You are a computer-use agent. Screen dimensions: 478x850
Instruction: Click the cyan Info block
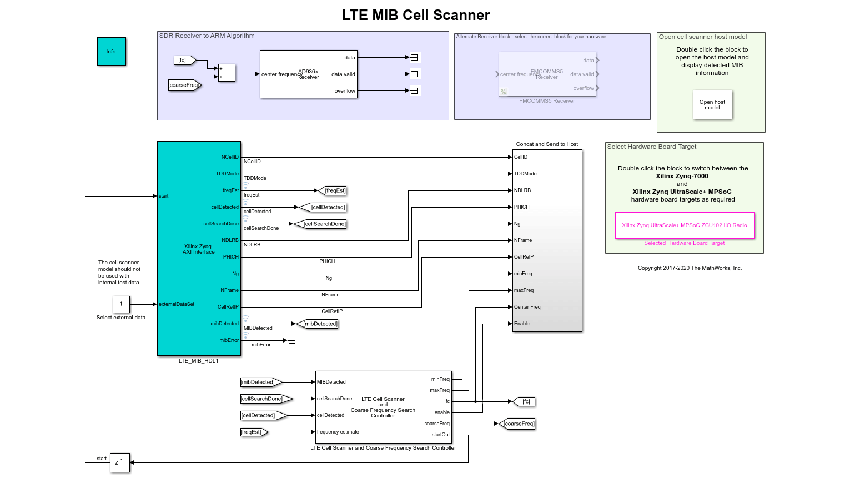(111, 52)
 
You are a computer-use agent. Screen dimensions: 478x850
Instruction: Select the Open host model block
(712, 105)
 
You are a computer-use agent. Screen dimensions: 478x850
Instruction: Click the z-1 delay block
(119, 462)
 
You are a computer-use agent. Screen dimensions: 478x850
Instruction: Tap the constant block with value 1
(121, 304)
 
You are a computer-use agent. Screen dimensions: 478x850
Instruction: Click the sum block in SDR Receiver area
(227, 73)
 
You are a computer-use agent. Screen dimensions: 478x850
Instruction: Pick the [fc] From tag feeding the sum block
(184, 60)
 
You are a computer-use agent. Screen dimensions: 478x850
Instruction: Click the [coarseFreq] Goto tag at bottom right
(518, 424)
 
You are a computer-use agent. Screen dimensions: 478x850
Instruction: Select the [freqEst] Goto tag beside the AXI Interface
(334, 190)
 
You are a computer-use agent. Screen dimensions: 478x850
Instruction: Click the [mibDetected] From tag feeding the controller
(260, 382)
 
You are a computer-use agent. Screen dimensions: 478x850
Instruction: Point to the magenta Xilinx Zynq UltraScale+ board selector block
(684, 225)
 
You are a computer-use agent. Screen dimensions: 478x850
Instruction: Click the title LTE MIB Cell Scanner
(416, 15)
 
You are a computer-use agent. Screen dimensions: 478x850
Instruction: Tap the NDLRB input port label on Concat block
(522, 190)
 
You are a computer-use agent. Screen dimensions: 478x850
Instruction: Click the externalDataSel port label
(177, 304)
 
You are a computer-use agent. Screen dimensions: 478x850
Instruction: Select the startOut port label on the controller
(440, 435)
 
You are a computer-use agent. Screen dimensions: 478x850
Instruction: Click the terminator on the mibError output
(292, 340)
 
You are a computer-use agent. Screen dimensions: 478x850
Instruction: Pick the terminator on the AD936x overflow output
(414, 90)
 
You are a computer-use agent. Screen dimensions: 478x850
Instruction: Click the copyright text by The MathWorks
(690, 268)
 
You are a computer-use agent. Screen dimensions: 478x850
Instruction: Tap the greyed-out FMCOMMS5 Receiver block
(547, 74)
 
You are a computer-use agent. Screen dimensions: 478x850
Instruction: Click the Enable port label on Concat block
(522, 324)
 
